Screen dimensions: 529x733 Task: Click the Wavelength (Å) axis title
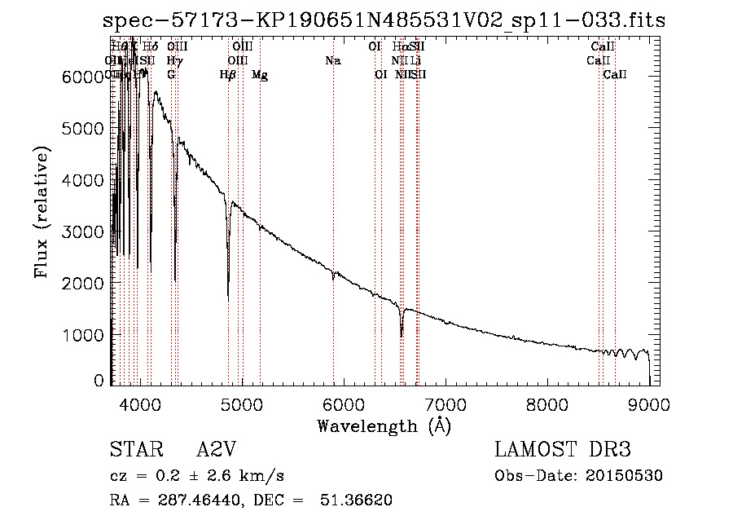click(x=384, y=425)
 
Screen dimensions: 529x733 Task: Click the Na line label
click(x=332, y=61)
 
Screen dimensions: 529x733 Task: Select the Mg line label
click(x=260, y=75)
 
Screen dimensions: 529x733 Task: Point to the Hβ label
click(x=228, y=75)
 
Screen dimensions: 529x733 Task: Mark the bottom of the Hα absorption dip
click(x=401, y=335)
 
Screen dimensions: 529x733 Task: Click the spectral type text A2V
click(x=217, y=450)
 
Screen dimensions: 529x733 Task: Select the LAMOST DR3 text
click(x=562, y=450)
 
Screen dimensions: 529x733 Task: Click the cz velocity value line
click(x=196, y=476)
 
